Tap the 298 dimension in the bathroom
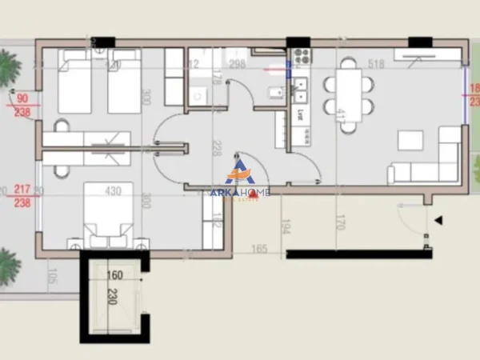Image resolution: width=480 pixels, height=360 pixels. tap(237, 64)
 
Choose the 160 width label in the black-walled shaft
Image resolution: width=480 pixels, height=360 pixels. tap(115, 276)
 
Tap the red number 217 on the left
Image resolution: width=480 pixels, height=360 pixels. tap(22, 190)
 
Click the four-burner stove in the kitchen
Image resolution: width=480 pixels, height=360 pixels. tap(302, 58)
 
